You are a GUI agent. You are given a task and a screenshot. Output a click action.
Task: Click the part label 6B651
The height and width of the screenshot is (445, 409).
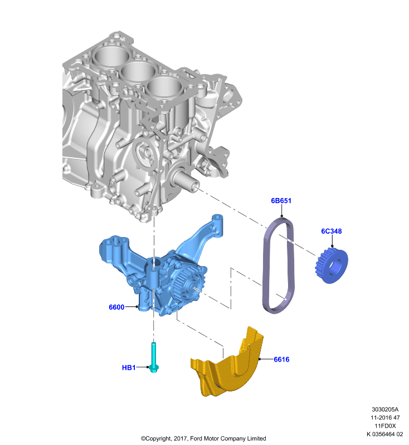click(281, 201)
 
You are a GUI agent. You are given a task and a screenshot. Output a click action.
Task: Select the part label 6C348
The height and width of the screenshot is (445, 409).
click(332, 231)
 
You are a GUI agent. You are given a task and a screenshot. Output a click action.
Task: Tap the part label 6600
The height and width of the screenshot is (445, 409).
click(116, 307)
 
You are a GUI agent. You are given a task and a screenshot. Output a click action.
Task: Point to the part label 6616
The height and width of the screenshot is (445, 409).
click(281, 359)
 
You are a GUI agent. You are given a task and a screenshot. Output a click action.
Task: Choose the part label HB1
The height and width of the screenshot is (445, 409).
click(129, 368)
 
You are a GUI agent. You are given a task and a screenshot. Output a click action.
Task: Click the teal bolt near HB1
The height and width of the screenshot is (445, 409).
click(154, 358)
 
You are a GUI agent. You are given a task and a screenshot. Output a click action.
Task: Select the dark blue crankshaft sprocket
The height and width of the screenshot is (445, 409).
click(332, 265)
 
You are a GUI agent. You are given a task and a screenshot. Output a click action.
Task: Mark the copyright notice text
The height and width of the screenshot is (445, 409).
click(203, 438)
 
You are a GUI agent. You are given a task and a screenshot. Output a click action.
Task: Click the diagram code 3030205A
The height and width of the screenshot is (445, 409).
click(385, 409)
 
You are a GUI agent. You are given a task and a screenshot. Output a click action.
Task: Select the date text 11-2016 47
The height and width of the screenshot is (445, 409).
click(385, 418)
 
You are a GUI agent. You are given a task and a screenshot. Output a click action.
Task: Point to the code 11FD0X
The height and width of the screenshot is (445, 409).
click(385, 426)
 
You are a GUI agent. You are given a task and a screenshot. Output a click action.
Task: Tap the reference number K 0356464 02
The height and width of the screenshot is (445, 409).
click(385, 434)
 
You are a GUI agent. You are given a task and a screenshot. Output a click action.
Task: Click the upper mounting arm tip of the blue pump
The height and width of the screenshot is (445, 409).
click(217, 219)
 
